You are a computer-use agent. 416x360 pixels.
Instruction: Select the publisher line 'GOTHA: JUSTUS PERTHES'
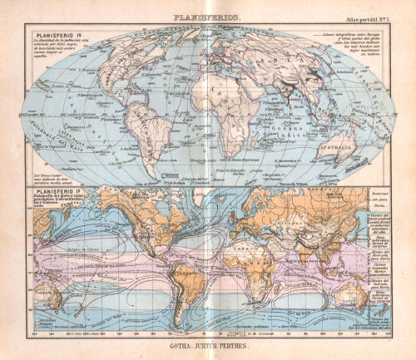click(208, 343)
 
